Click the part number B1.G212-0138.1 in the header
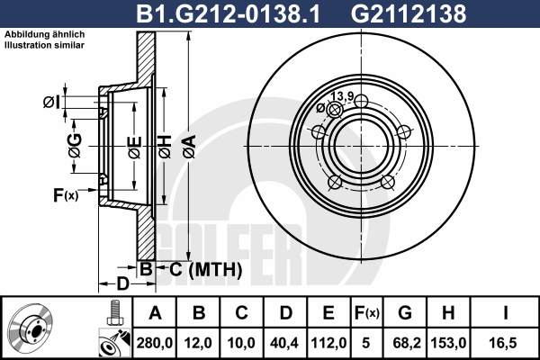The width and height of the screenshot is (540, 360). tap(228, 13)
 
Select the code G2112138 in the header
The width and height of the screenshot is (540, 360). tap(409, 13)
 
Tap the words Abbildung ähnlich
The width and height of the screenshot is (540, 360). tap(44, 34)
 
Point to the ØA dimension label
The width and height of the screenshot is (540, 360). tap(190, 147)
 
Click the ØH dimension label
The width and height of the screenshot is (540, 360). tap(165, 147)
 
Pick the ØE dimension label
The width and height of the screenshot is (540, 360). tap(135, 148)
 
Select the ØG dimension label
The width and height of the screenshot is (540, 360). tap(75, 146)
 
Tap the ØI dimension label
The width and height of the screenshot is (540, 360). tap(51, 102)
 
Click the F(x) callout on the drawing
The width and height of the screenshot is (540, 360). tap(66, 195)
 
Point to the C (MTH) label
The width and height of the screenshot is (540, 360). tap(205, 269)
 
